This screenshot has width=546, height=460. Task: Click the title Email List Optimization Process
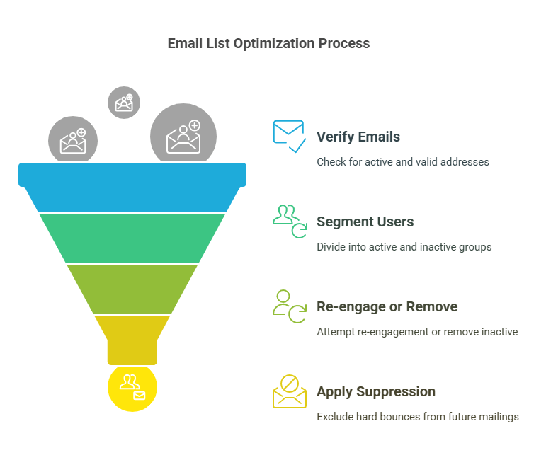point(268,43)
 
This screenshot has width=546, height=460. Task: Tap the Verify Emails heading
point(358,137)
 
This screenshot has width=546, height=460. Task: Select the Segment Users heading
point(365,222)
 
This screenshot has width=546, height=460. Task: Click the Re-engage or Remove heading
point(387,306)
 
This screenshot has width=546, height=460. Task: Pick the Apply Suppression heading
point(376,392)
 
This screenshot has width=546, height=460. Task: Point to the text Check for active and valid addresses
point(403,162)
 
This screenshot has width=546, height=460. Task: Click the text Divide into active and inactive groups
point(404,247)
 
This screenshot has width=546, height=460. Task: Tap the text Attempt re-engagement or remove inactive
point(417,332)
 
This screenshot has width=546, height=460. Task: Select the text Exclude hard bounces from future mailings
point(418,417)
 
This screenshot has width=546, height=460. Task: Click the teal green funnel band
point(132,238)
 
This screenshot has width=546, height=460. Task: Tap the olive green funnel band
point(132,289)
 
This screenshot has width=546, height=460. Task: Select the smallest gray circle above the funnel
point(124,103)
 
